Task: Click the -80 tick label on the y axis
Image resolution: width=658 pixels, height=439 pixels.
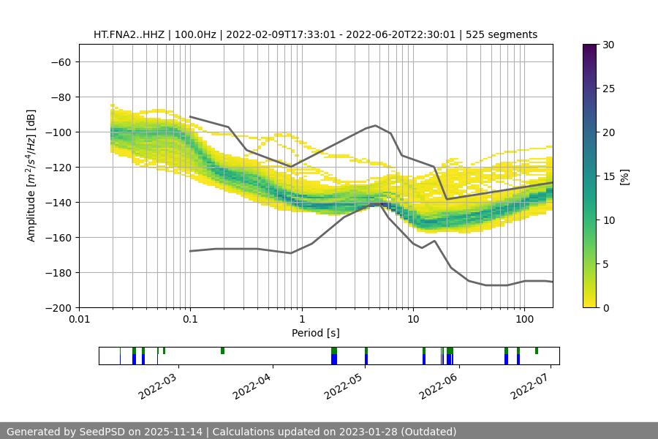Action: pos(60,97)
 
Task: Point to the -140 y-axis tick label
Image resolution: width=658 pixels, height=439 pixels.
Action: pos(57,202)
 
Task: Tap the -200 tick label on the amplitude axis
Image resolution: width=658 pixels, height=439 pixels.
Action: pos(57,307)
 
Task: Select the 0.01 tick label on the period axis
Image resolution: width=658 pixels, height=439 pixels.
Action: pos(79,320)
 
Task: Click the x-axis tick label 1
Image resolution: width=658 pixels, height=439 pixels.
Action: pos(302,320)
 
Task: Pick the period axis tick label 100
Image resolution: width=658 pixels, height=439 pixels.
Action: pos(524,320)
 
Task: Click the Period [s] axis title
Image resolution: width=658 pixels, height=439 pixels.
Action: pos(315,333)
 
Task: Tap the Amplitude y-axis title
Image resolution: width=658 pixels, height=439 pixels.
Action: pos(31,176)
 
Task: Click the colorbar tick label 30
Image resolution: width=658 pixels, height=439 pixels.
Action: pos(608,45)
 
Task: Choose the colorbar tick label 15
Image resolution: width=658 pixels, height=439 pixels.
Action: pos(608,176)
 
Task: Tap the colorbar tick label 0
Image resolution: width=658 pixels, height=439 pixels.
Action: pos(605,307)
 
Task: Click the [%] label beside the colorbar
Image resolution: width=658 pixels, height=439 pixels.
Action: pos(625,176)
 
